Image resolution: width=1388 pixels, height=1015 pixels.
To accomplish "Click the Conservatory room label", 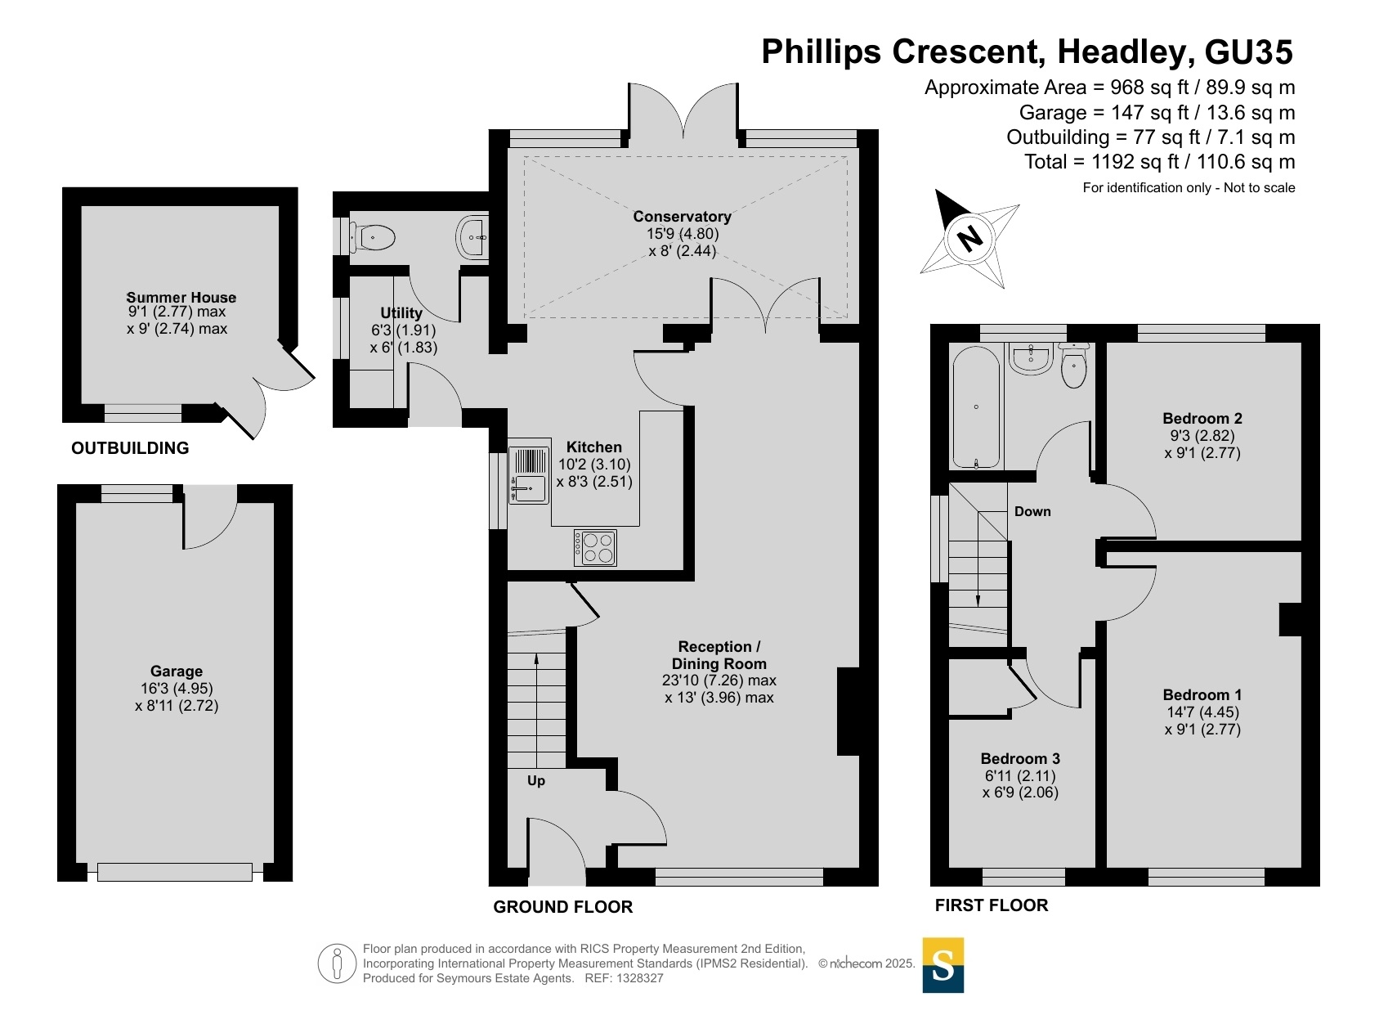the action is tap(682, 217).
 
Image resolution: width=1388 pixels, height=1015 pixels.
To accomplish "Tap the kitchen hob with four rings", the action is tap(595, 547).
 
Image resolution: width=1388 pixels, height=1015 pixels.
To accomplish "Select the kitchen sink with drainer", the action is tap(529, 475).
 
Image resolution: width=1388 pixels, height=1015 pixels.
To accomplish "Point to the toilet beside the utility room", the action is tap(373, 237).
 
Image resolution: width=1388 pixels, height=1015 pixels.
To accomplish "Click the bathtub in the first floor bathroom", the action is tap(976, 406).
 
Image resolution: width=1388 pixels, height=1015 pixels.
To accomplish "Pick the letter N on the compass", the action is tap(969, 238).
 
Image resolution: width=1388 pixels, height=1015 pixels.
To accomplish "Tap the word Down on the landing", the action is tap(1032, 511).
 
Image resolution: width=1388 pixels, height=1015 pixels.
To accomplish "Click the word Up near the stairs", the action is tap(536, 780).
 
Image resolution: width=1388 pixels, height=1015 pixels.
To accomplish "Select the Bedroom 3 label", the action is tap(1020, 758).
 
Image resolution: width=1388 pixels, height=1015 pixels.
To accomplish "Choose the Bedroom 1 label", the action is tap(1202, 694).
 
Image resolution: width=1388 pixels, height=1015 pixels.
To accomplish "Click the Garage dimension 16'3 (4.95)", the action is tap(177, 688).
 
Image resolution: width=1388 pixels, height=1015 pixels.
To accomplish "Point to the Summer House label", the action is tap(181, 297).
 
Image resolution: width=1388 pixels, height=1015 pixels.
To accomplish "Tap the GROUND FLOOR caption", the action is tap(562, 907).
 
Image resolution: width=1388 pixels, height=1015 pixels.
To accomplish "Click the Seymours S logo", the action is tap(943, 965).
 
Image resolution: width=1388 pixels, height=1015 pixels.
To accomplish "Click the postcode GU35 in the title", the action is tap(1248, 52).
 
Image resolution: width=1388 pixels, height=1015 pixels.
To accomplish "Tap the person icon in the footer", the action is tap(337, 963).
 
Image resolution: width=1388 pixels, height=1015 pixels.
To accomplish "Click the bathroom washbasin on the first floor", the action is tap(1031, 359).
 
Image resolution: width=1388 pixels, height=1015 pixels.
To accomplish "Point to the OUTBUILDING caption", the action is tap(130, 448).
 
